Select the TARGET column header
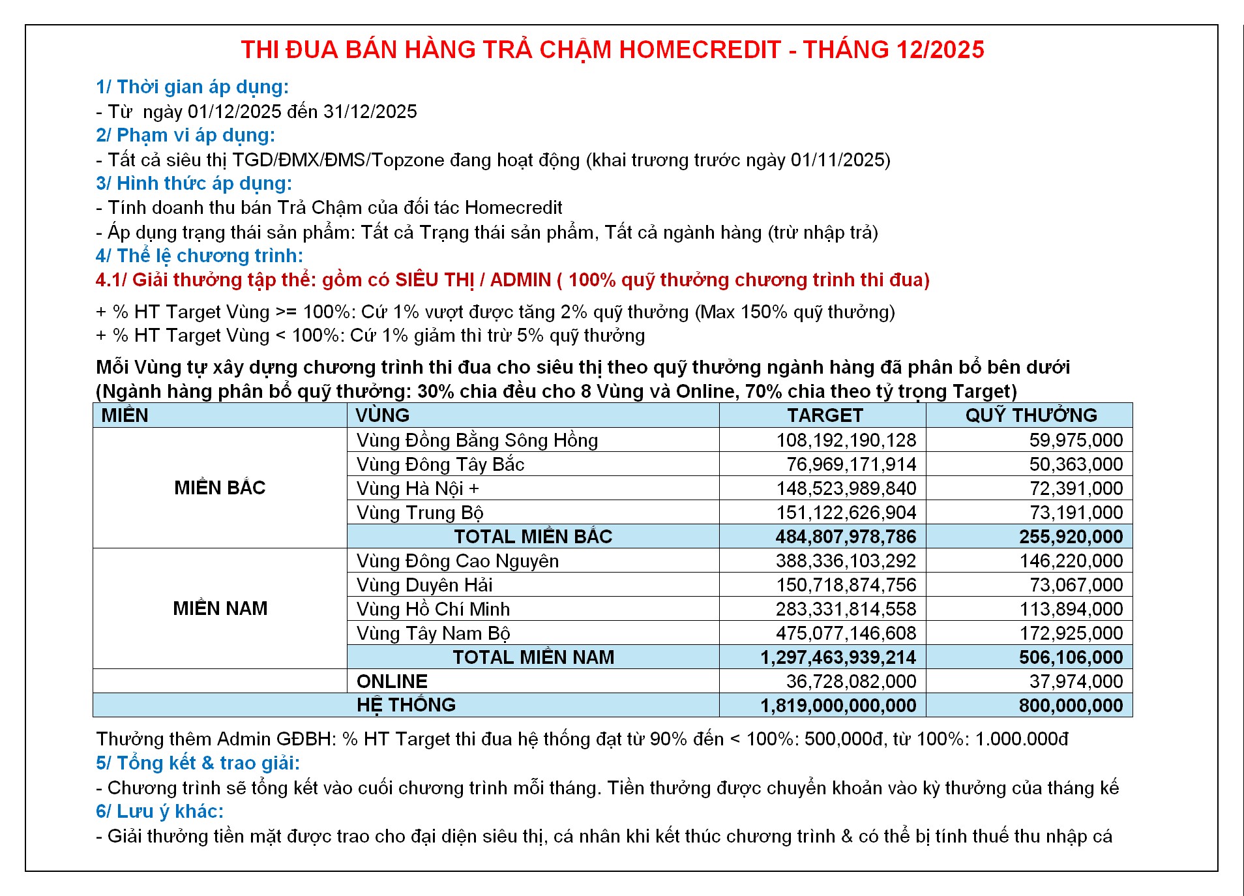point(825,415)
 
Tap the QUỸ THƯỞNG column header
point(1031,415)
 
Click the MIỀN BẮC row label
point(220,488)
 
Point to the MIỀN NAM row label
point(220,608)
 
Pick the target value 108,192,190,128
point(846,440)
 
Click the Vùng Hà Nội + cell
point(417,488)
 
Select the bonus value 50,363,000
point(1076,464)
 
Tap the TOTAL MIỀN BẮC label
point(533,537)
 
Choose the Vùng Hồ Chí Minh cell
point(433,609)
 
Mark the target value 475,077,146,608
point(846,633)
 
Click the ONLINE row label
point(392,681)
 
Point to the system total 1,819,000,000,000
point(838,706)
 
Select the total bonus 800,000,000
point(1071,706)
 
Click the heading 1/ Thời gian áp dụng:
point(192,87)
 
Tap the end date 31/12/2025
point(370,112)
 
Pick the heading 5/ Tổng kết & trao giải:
point(198,763)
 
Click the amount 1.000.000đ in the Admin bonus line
point(1022,739)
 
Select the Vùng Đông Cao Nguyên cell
point(457,561)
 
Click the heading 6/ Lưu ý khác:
point(160,811)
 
